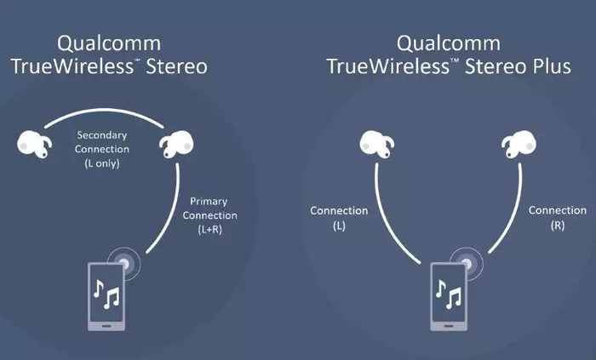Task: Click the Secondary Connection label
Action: (102, 142)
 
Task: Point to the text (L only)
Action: (102, 163)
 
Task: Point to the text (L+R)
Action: (205, 230)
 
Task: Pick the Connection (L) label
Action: (339, 218)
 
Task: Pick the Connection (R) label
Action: (557, 218)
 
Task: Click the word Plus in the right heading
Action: (546, 66)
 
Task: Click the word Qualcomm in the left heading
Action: (109, 43)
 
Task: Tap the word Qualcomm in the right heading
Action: (448, 43)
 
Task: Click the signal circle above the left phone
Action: (127, 263)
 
